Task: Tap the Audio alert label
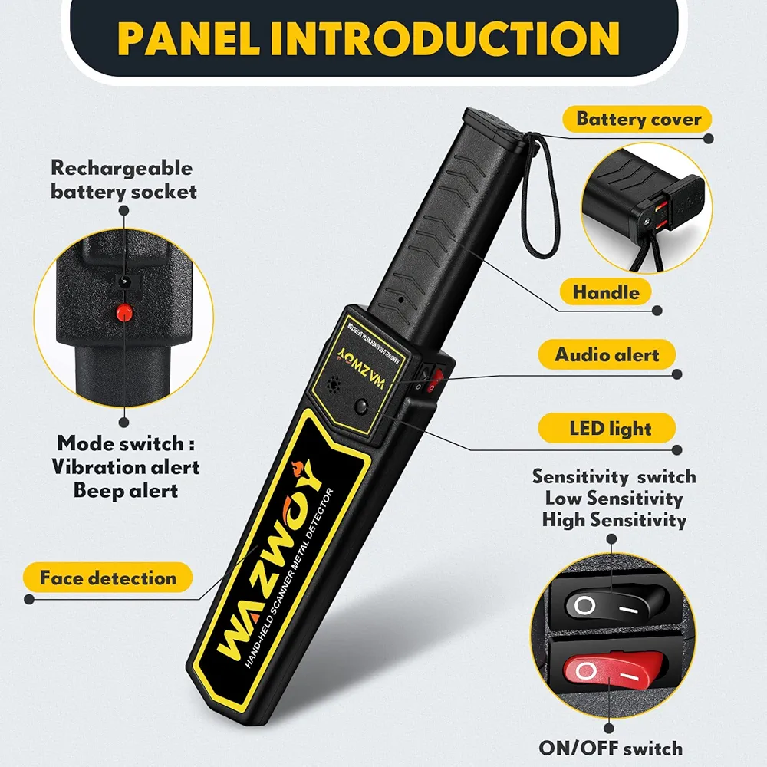click(607, 355)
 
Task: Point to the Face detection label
click(107, 578)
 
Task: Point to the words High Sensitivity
click(614, 519)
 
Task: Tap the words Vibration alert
click(125, 466)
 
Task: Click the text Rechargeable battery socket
click(122, 179)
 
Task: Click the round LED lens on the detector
click(360, 407)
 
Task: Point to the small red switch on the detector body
click(436, 378)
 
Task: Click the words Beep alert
click(125, 489)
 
